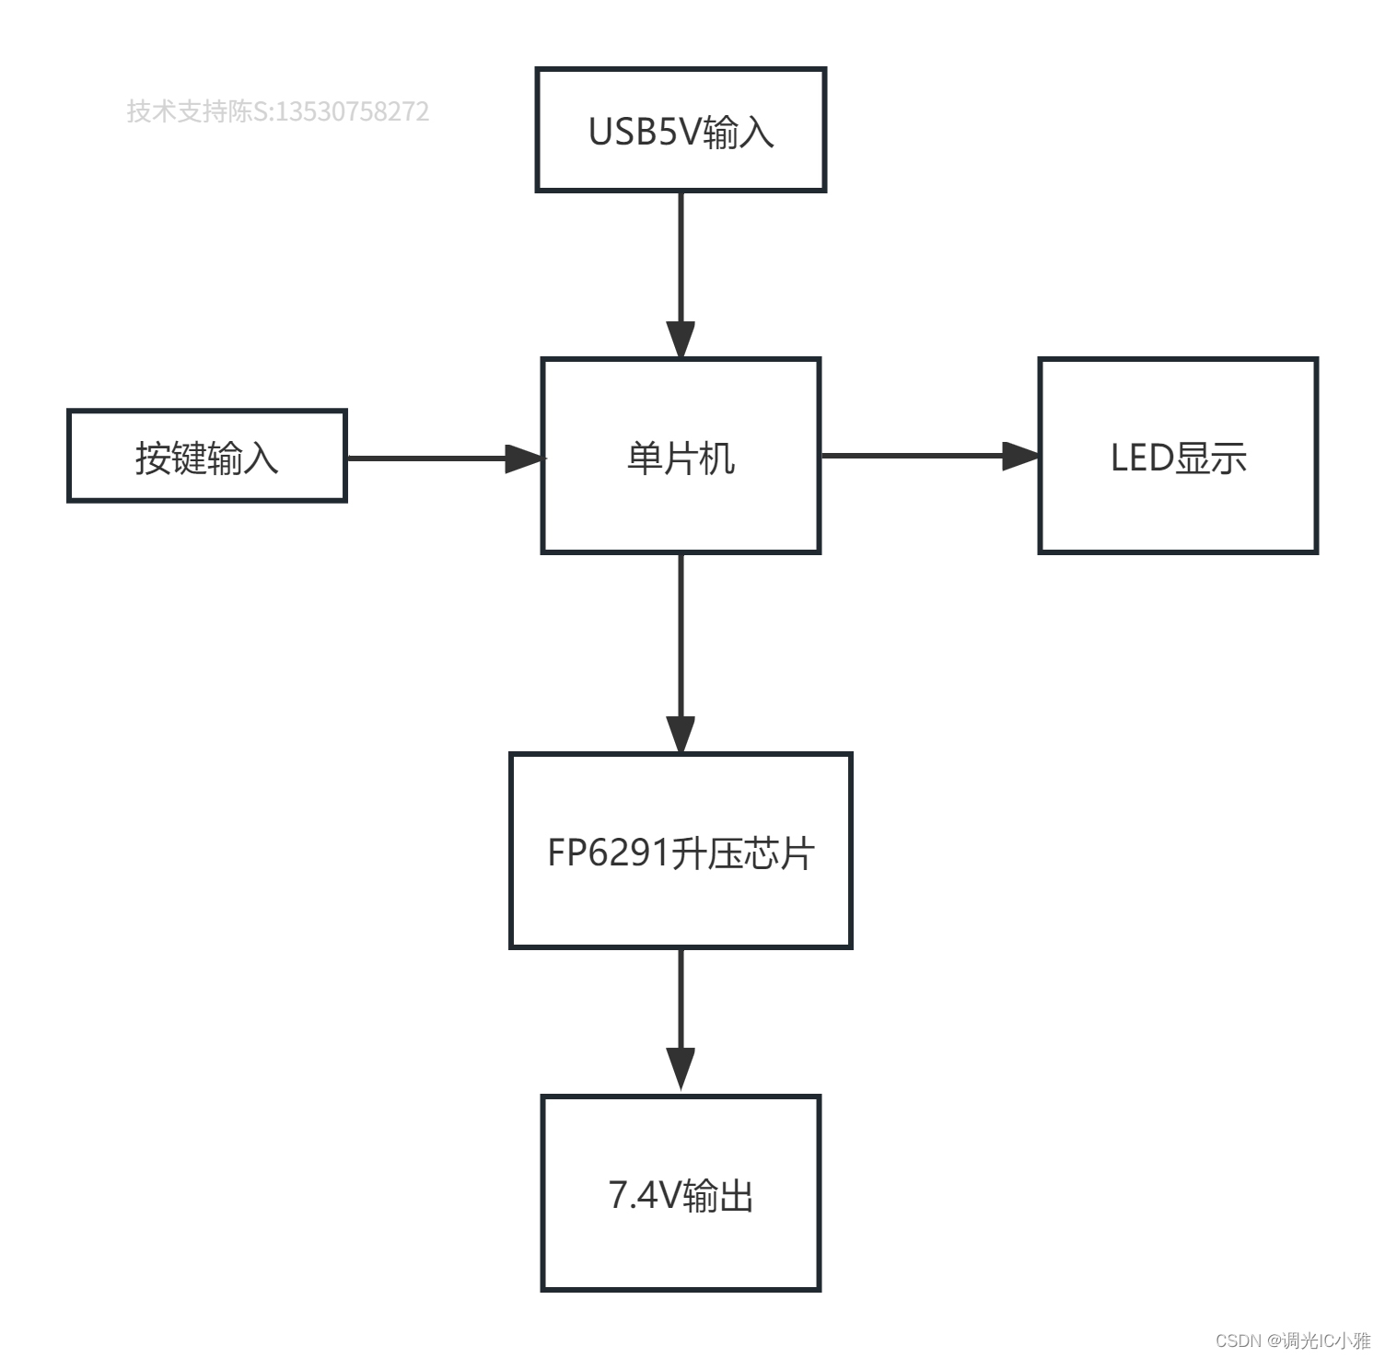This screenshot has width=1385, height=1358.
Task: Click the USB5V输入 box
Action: pyautogui.click(x=681, y=130)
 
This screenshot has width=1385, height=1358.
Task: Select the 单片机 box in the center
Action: pyautogui.click(x=681, y=456)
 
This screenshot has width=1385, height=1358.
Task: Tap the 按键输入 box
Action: pyautogui.click(x=206, y=456)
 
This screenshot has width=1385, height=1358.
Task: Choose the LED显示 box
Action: pyautogui.click(x=1178, y=456)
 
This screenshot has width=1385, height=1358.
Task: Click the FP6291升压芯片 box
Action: pyautogui.click(x=681, y=851)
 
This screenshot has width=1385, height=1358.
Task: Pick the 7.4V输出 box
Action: pyautogui.click(x=681, y=1193)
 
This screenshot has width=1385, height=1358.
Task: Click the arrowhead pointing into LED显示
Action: pyautogui.click(x=1020, y=456)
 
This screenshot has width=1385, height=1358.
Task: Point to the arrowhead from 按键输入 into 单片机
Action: pyautogui.click(x=524, y=458)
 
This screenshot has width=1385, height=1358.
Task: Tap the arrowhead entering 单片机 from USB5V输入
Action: pyautogui.click(x=681, y=340)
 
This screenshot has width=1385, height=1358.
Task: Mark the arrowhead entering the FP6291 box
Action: pyautogui.click(x=681, y=734)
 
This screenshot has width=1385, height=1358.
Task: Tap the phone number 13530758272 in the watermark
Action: pyautogui.click(x=353, y=111)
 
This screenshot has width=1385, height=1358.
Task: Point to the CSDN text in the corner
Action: pyautogui.click(x=1238, y=1341)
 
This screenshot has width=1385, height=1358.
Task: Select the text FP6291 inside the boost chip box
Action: pyautogui.click(x=608, y=853)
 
